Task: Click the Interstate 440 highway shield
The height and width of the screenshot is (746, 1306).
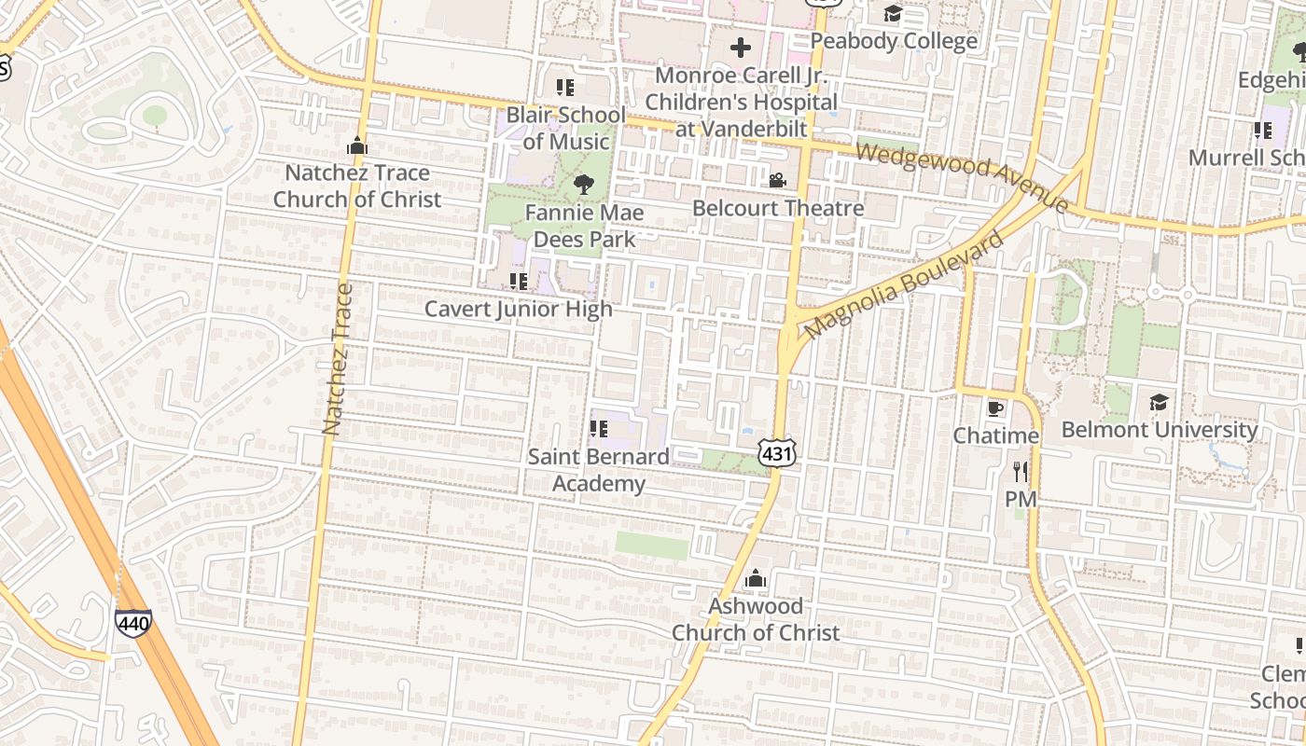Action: click(x=133, y=622)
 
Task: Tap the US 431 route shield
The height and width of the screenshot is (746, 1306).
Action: click(x=777, y=452)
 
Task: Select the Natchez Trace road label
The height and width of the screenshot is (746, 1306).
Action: click(x=338, y=359)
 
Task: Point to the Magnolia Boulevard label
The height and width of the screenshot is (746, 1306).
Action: click(x=903, y=284)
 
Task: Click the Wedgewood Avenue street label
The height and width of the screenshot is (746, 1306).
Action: click(x=962, y=175)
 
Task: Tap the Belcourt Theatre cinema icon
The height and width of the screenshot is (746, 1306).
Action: click(x=777, y=180)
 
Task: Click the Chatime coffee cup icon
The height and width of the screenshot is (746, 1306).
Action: click(x=995, y=408)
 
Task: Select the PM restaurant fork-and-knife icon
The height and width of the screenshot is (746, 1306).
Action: click(x=1021, y=472)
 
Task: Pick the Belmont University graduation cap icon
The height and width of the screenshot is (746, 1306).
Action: click(x=1159, y=402)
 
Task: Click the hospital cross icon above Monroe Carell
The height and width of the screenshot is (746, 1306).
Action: click(x=741, y=48)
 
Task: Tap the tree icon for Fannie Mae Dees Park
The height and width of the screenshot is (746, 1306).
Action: click(x=584, y=185)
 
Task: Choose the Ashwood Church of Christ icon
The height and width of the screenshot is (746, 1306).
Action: click(x=756, y=579)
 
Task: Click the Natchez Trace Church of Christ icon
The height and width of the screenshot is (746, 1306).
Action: click(x=356, y=145)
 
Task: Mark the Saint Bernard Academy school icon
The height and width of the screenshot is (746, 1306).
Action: click(x=599, y=429)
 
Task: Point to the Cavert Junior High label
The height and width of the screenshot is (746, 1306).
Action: click(x=519, y=309)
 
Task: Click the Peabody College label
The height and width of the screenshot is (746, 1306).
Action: click(x=894, y=41)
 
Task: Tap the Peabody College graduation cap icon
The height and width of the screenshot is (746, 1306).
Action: click(x=893, y=13)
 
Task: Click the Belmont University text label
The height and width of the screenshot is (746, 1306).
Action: click(x=1160, y=430)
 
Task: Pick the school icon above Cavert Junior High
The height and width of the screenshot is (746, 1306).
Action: click(x=519, y=281)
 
